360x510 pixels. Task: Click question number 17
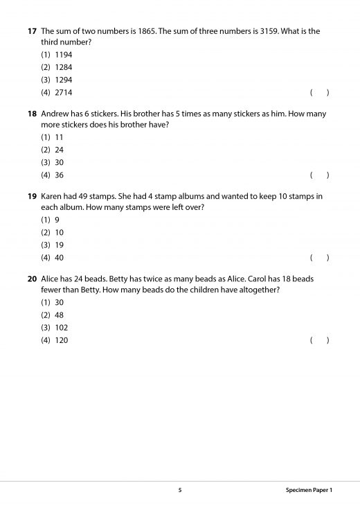click(32, 31)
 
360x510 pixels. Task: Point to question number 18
click(32, 114)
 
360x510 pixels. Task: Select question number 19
click(32, 196)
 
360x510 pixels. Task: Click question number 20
click(32, 279)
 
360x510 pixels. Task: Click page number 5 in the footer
click(180, 491)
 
